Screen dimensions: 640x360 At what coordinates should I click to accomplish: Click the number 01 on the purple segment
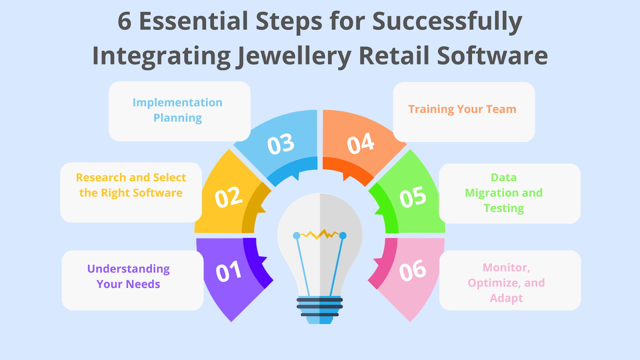(x=228, y=271)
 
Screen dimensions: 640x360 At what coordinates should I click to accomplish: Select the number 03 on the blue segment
(x=281, y=144)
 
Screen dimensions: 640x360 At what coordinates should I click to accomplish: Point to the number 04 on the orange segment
(x=360, y=143)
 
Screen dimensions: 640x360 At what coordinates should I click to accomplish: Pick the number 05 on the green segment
(x=413, y=196)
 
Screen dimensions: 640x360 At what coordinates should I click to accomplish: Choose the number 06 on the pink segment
(x=413, y=270)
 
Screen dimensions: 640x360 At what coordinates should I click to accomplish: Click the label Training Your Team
(x=462, y=110)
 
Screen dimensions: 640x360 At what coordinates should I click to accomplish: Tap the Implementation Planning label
(x=178, y=110)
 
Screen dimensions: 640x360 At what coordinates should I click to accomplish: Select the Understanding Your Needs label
(x=128, y=276)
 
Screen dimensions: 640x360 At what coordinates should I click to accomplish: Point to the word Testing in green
(x=504, y=208)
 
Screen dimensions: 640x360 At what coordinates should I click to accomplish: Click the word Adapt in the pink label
(x=506, y=298)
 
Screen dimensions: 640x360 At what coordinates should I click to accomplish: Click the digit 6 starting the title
(x=124, y=21)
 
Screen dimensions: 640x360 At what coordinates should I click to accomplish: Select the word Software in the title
(x=492, y=55)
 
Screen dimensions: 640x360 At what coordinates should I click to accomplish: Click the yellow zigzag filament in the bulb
(x=320, y=234)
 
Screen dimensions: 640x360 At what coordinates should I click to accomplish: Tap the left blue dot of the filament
(x=296, y=236)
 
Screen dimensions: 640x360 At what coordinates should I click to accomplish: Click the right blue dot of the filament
(x=343, y=236)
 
